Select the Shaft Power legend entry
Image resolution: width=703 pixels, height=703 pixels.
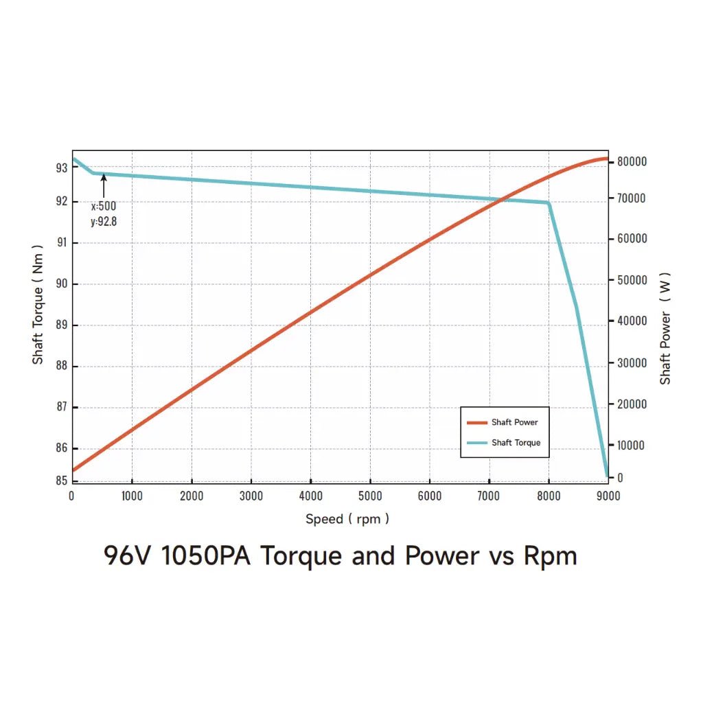(514, 422)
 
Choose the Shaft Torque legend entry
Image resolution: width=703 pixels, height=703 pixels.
(516, 443)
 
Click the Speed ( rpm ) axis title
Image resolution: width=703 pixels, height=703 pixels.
(347, 519)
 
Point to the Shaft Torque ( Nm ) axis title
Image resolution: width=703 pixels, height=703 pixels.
(38, 304)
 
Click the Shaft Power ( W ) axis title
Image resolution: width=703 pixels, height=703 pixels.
(665, 328)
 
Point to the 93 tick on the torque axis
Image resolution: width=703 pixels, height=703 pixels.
(62, 168)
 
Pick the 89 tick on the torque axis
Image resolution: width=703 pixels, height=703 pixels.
(62, 325)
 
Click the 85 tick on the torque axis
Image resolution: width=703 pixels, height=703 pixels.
(62, 481)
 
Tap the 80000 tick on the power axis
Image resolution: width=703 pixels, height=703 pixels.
(632, 161)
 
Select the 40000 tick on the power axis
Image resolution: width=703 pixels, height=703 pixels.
(632, 321)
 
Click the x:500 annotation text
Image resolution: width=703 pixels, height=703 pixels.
(104, 205)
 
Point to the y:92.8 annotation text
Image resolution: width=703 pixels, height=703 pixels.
(104, 220)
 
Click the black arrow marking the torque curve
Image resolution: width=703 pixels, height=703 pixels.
(104, 185)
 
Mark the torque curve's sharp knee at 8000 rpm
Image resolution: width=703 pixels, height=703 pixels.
(549, 203)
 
